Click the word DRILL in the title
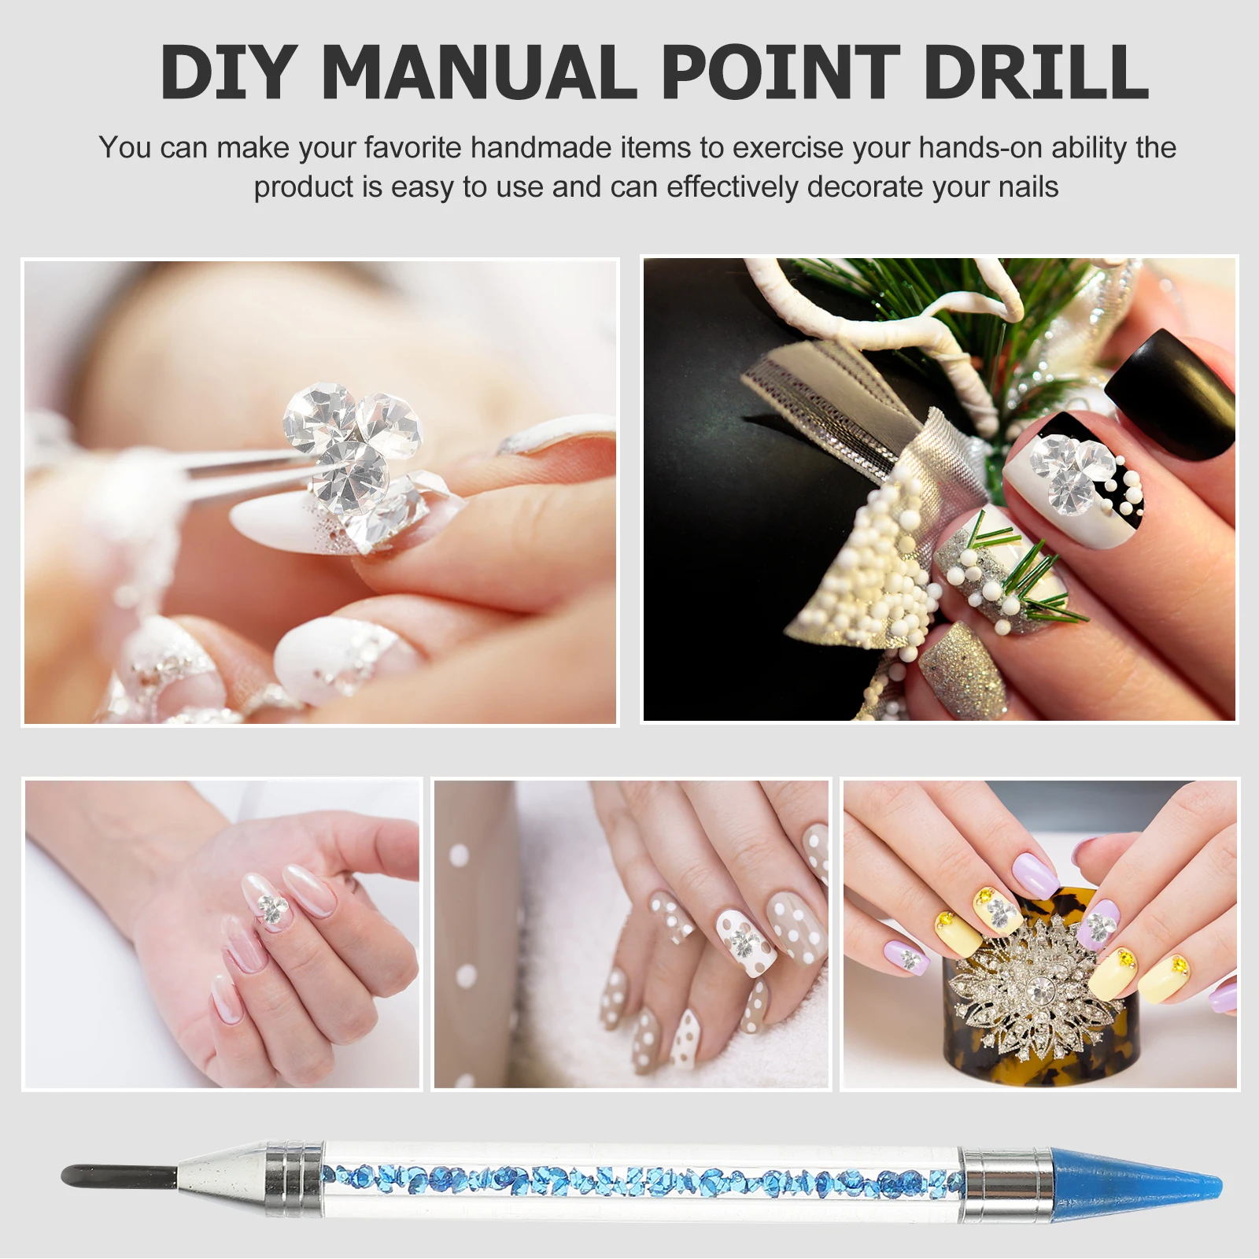point(1036,72)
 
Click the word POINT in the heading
point(780,72)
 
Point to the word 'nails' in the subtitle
point(1028,187)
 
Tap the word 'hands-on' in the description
point(981,148)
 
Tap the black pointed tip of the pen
point(118,1177)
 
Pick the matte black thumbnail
point(1172,393)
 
